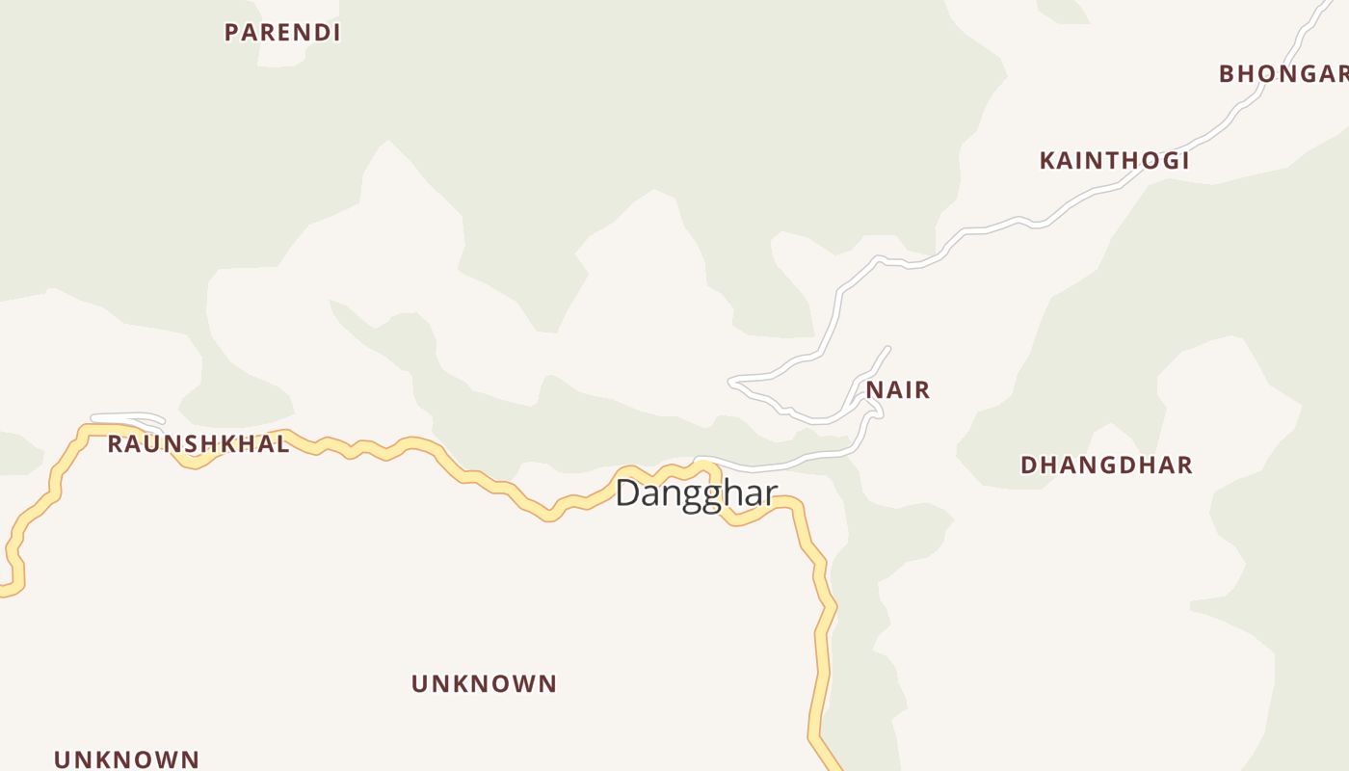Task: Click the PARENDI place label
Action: click(x=282, y=33)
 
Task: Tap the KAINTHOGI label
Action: click(x=1114, y=161)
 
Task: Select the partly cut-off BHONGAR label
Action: click(x=1283, y=74)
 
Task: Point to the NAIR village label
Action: click(x=898, y=390)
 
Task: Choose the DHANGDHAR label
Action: click(x=1106, y=465)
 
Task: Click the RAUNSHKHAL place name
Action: click(x=198, y=444)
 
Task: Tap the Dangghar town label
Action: click(x=696, y=493)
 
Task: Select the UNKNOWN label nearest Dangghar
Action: click(x=484, y=684)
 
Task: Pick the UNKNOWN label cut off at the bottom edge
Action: click(x=126, y=759)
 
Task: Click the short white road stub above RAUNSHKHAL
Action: click(x=127, y=417)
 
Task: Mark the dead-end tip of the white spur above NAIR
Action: click(x=887, y=349)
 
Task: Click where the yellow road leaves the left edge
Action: click(x=3, y=590)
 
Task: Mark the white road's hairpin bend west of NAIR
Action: click(x=732, y=383)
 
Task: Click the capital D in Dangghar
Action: click(x=627, y=493)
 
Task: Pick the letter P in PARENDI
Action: click(x=231, y=33)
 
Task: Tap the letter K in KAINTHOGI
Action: click(x=1047, y=161)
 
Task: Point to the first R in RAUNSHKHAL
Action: click(x=115, y=444)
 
